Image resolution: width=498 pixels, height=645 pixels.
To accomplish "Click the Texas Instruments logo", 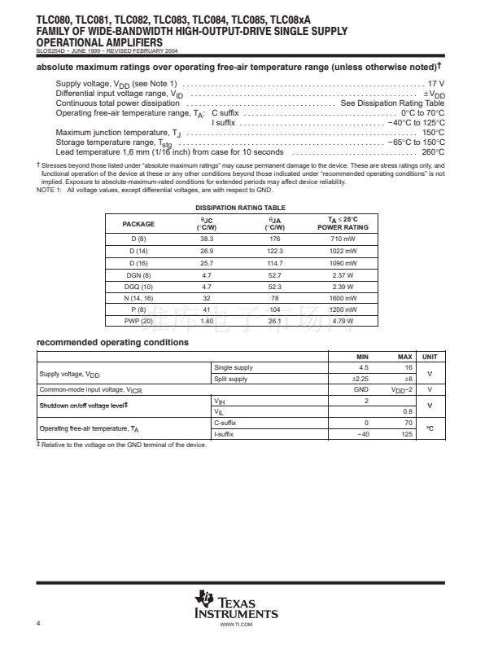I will point(236,605).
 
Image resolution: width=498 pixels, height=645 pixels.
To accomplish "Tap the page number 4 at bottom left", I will point(38,623).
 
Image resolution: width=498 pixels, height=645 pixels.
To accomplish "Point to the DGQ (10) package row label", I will point(138,287).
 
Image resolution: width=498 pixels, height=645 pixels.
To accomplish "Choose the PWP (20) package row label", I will point(138,322).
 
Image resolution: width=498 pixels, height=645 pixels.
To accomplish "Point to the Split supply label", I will point(230,379).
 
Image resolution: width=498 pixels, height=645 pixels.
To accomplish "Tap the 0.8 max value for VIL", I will point(408,412).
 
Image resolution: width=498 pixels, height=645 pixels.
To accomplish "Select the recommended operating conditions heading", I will point(113,342).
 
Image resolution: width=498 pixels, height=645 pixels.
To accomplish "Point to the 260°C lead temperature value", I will point(433,152).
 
